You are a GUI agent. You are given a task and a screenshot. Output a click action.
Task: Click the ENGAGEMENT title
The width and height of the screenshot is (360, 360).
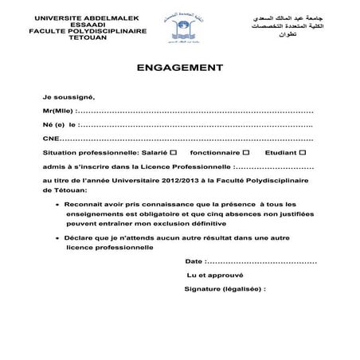point(179,68)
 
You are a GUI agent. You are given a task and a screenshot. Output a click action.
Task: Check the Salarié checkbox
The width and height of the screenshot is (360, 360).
point(174,151)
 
